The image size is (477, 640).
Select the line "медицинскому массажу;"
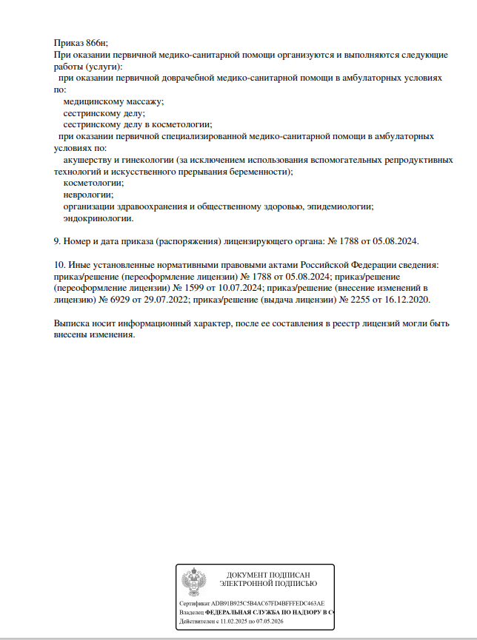click(x=113, y=101)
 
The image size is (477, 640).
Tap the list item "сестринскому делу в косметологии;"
click(x=138, y=124)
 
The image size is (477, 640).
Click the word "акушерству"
click(x=87, y=159)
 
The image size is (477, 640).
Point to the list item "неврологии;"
click(x=88, y=195)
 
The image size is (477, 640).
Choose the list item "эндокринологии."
click(x=99, y=218)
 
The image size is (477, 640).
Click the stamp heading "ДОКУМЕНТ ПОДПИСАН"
click(x=267, y=575)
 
